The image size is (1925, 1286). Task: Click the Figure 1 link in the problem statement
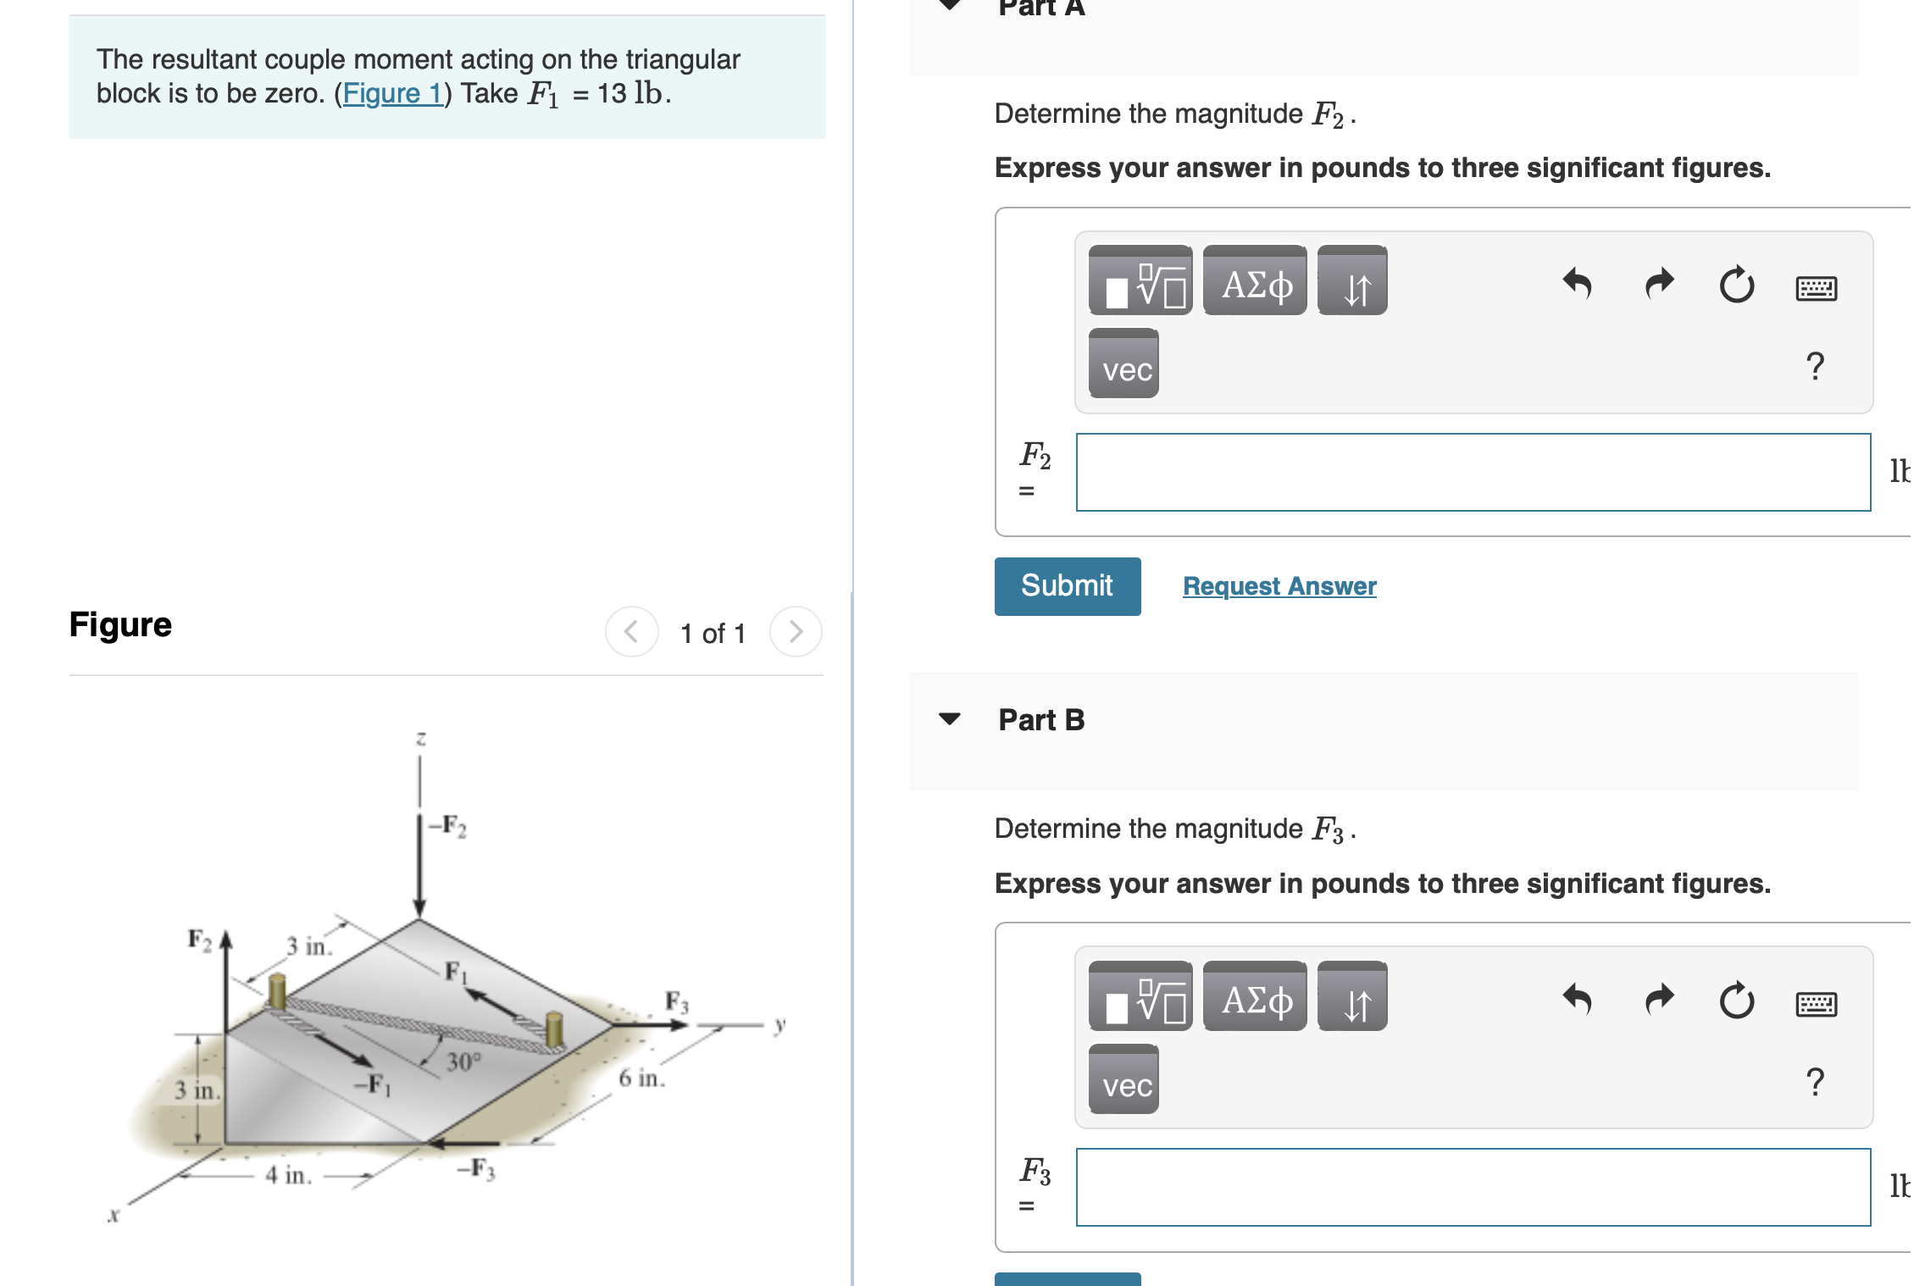click(x=392, y=93)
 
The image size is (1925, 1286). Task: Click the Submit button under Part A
click(x=1067, y=586)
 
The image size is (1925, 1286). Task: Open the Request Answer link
click(x=1279, y=586)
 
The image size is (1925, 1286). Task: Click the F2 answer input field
click(x=1473, y=473)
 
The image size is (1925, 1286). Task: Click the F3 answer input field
click(x=1473, y=1188)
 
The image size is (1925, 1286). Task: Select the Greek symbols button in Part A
click(x=1255, y=282)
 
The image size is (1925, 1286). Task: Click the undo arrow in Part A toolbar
click(x=1577, y=284)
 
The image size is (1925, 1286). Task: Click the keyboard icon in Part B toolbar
click(x=1816, y=1004)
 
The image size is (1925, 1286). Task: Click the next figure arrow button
click(x=795, y=632)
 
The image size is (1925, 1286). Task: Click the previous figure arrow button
click(x=631, y=632)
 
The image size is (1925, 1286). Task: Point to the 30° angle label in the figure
click(x=463, y=1062)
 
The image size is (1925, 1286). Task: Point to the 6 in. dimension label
click(x=641, y=1078)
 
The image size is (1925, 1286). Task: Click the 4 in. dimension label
click(x=288, y=1175)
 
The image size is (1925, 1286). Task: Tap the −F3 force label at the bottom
click(x=476, y=1169)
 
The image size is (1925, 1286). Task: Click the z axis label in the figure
click(x=420, y=739)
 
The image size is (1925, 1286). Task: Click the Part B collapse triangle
click(x=950, y=719)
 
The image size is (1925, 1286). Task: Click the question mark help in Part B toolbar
click(x=1814, y=1082)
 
